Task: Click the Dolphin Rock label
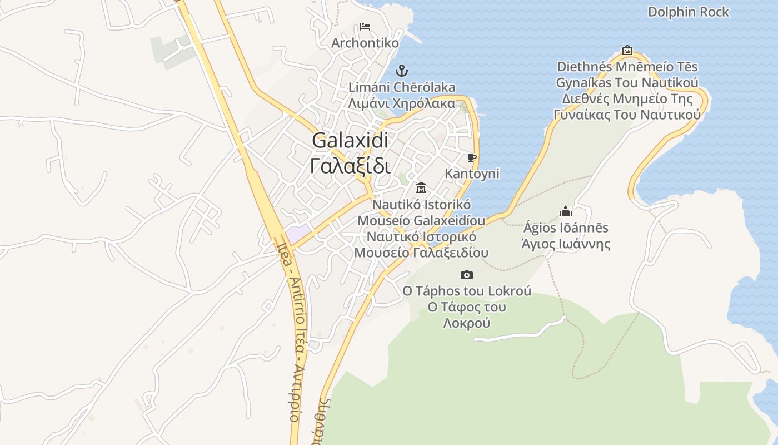pyautogui.click(x=688, y=12)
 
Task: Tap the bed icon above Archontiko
pyautogui.click(x=365, y=26)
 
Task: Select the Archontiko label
pyautogui.click(x=365, y=43)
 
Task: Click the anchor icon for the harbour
pyautogui.click(x=401, y=71)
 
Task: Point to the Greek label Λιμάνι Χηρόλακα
pyautogui.click(x=401, y=103)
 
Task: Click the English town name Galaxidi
pyautogui.click(x=350, y=140)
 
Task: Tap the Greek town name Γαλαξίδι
pyautogui.click(x=350, y=165)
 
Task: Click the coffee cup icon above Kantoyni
pyautogui.click(x=472, y=158)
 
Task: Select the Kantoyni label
pyautogui.click(x=472, y=174)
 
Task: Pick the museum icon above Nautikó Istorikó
pyautogui.click(x=421, y=187)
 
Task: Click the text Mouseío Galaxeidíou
pyautogui.click(x=421, y=220)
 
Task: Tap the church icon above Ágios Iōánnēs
pyautogui.click(x=566, y=211)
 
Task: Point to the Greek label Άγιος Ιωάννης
pyautogui.click(x=566, y=244)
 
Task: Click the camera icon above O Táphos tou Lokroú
pyautogui.click(x=467, y=275)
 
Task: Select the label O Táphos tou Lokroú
pyautogui.click(x=467, y=291)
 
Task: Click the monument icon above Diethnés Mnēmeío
pyautogui.click(x=627, y=50)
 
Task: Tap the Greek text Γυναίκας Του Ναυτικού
pyautogui.click(x=627, y=115)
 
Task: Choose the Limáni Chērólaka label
pyautogui.click(x=401, y=87)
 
